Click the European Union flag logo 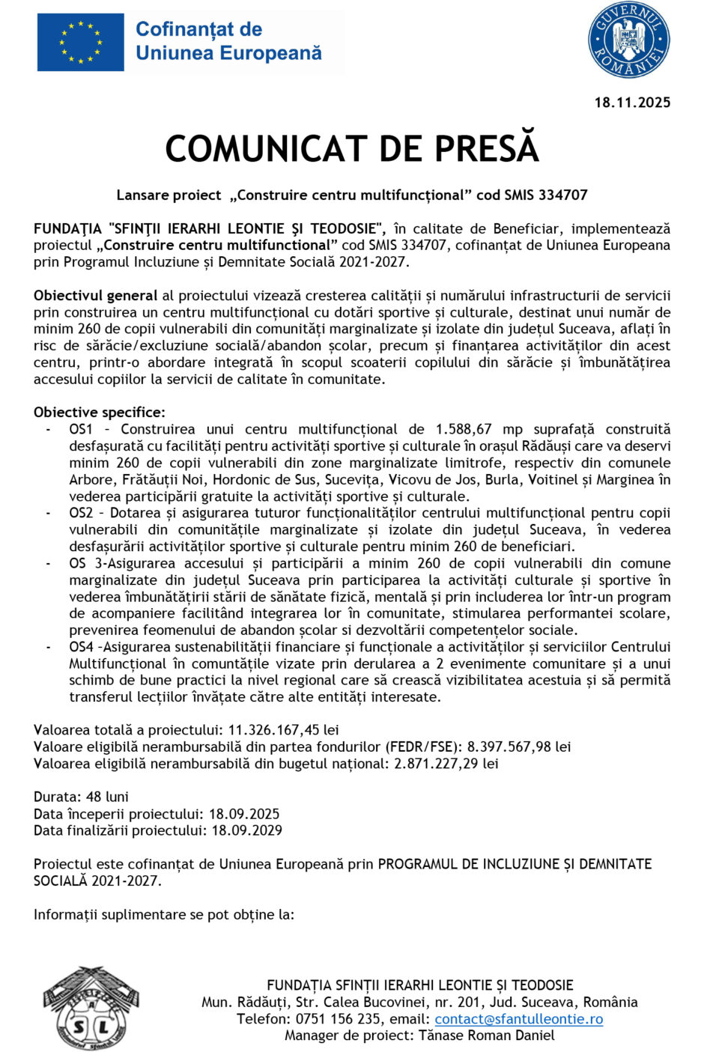click(80, 43)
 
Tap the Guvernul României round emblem click(628, 40)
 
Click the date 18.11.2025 click(632, 103)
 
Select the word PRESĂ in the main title click(487, 149)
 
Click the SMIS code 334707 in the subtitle click(562, 195)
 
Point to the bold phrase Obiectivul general click(95, 296)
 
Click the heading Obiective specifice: click(99, 413)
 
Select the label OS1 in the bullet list click(81, 430)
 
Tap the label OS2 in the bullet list click(81, 514)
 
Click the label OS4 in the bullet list click(81, 647)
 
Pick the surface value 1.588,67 click(464, 430)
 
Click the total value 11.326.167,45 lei click(283, 730)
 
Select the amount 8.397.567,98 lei click(518, 747)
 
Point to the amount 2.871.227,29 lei click(446, 764)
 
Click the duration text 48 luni click(107, 797)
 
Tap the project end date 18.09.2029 click(246, 830)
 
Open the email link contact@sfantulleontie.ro click(518, 1019)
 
